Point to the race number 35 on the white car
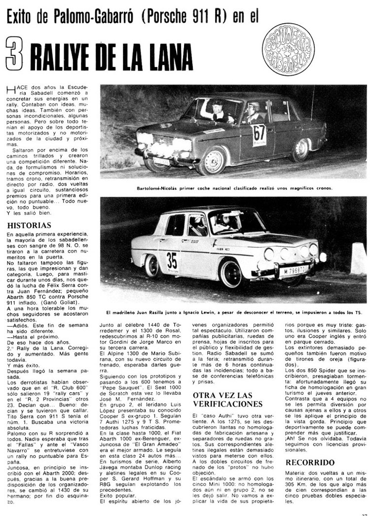pos(172,259)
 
